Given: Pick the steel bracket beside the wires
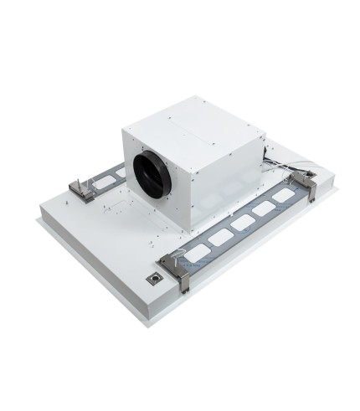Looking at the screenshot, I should pos(307,185).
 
